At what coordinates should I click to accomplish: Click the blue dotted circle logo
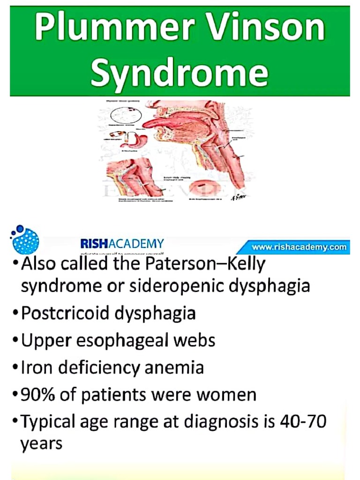click(x=24, y=241)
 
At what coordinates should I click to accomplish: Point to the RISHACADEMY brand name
click(x=122, y=244)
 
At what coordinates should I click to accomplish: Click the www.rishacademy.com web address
click(x=300, y=247)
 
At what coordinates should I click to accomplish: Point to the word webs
click(x=196, y=340)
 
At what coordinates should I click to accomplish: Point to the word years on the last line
click(x=41, y=443)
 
